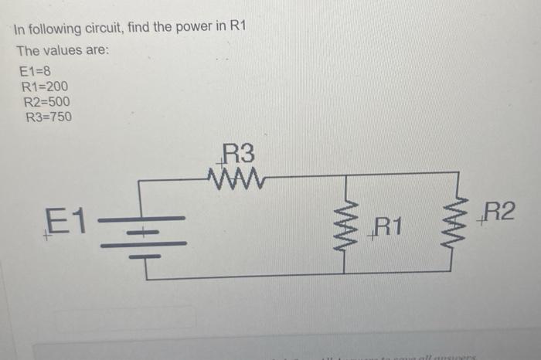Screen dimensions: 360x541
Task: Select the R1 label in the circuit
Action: tap(387, 226)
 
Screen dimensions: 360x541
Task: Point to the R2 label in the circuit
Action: tap(497, 211)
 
